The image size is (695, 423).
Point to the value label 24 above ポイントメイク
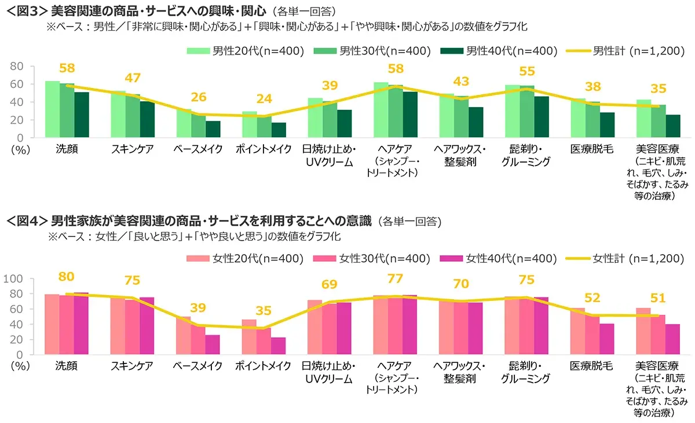point(264,99)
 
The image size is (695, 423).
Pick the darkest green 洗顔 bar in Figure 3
point(81,115)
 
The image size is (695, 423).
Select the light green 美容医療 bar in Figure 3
point(643,118)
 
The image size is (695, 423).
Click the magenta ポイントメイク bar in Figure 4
point(279,345)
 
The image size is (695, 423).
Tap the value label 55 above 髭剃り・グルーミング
point(526,72)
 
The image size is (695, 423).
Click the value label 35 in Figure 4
point(264,311)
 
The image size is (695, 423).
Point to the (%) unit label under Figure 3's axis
point(19,149)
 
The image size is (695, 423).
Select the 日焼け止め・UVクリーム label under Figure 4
point(329,372)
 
